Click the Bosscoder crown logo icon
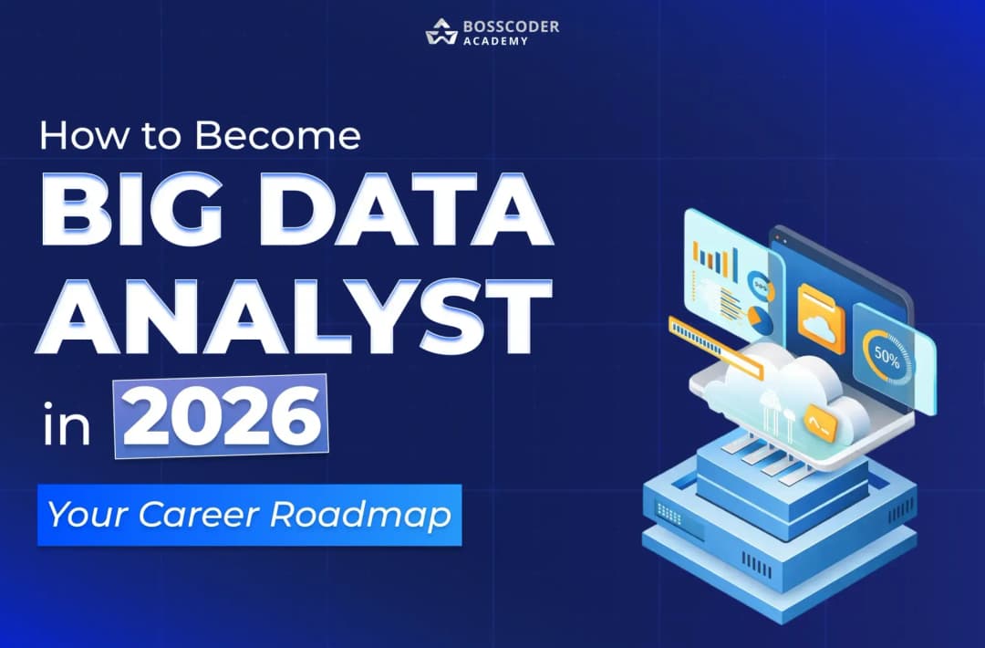[x=441, y=31]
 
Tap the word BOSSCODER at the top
[x=511, y=26]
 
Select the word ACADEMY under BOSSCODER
[x=495, y=41]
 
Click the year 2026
[x=221, y=416]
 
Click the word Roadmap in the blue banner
[x=360, y=515]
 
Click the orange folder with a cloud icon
[x=821, y=317]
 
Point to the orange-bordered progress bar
[x=716, y=347]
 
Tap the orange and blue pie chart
[x=761, y=320]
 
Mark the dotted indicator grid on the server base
[x=669, y=515]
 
